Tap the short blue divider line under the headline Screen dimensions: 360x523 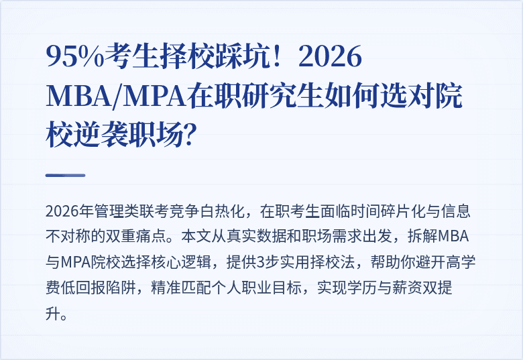[x=65, y=175]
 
